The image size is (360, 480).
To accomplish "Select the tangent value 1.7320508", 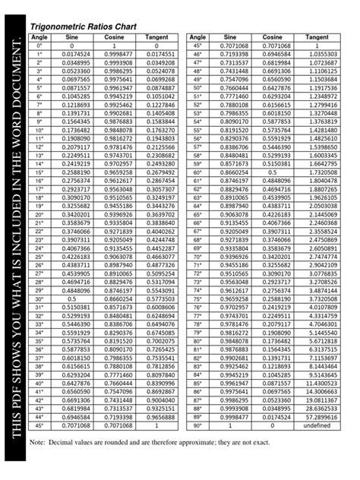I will (322, 172).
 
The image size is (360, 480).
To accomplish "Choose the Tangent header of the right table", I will (322, 37).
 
